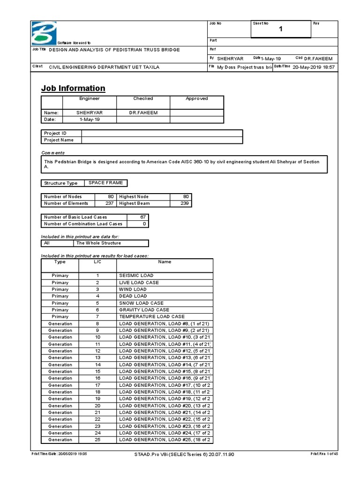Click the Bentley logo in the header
43,33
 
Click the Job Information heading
73,88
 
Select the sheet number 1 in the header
281,30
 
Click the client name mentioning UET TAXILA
105,67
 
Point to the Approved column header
196,99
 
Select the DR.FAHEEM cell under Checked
143,113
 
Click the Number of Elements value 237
107,203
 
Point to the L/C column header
97,262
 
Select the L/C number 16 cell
97,378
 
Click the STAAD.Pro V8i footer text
181,454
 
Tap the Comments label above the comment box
52,153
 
